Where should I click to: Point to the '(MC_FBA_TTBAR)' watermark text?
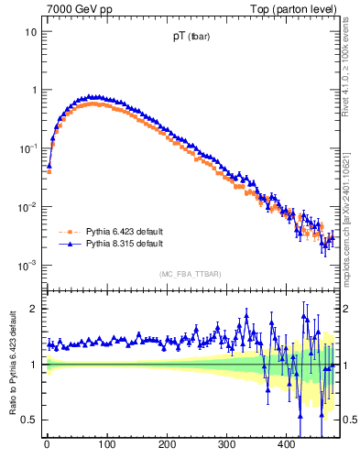190,274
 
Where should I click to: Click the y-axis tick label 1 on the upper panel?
34,90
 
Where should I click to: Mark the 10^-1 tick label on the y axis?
28,147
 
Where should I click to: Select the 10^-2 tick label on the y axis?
28,206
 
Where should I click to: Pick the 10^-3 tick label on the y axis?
28,265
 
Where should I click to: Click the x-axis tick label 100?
106,444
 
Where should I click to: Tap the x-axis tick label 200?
167,444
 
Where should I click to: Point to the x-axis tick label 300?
226,444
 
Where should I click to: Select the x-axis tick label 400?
286,444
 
